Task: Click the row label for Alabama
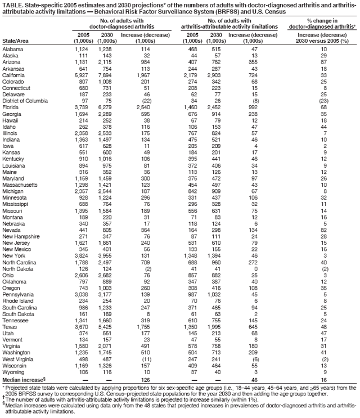coord(13,50)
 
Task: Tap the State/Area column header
coord(16,40)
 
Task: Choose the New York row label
coord(13,256)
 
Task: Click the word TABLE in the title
coord(11,6)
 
